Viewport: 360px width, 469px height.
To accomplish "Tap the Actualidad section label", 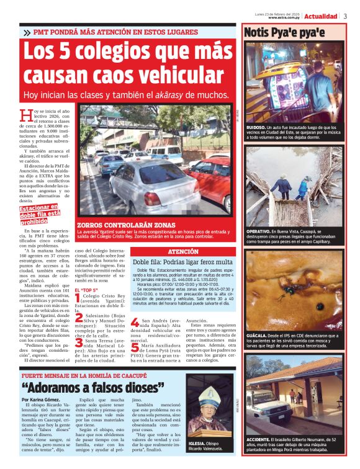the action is [320, 16].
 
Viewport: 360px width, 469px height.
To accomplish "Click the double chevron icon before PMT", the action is [26, 32].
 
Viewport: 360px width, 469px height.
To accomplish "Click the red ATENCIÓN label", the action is [184, 251].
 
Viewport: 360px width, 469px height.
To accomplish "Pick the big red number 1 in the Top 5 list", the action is [78, 298].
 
